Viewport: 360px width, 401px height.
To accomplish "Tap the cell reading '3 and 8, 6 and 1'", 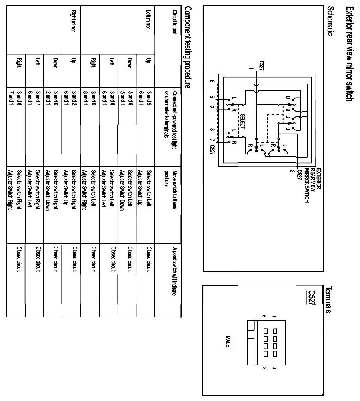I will pos(111,96).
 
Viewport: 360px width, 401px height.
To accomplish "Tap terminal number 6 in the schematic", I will pos(215,82).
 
